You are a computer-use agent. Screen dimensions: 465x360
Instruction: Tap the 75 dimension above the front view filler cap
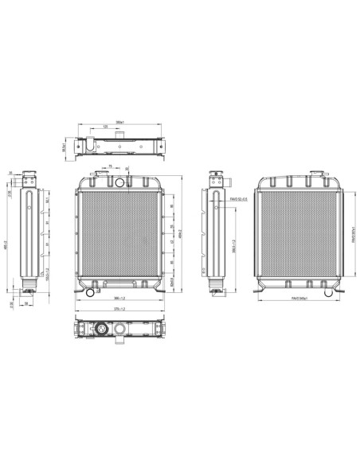(x=110, y=166)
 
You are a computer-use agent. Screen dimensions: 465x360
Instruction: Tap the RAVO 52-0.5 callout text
(x=238, y=198)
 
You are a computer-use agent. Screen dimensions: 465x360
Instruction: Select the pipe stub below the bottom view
(x=120, y=343)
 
